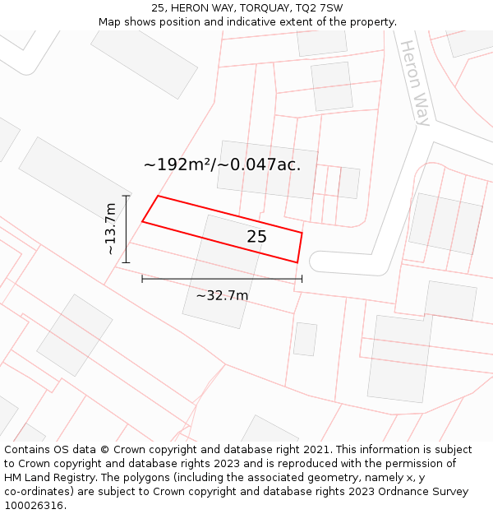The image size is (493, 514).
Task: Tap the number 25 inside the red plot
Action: (256, 237)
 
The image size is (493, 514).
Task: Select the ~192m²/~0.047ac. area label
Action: (222, 164)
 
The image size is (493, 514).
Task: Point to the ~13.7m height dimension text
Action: (110, 229)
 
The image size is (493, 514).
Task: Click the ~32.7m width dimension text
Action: (222, 295)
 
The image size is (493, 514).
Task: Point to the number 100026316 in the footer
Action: (33, 506)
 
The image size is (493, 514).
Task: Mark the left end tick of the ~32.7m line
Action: (142, 279)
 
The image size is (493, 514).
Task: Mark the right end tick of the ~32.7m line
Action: (302, 279)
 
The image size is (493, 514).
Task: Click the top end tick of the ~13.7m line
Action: (126, 196)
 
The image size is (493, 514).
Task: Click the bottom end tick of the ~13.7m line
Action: (126, 262)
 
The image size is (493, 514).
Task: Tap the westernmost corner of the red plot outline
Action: (142, 221)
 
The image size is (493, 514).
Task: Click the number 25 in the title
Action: (158, 8)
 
